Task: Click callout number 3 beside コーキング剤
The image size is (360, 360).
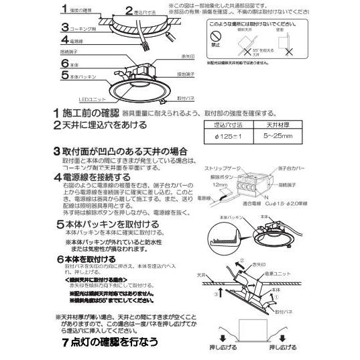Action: (x=64, y=28)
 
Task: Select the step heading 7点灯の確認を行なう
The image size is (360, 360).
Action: (x=108, y=341)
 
